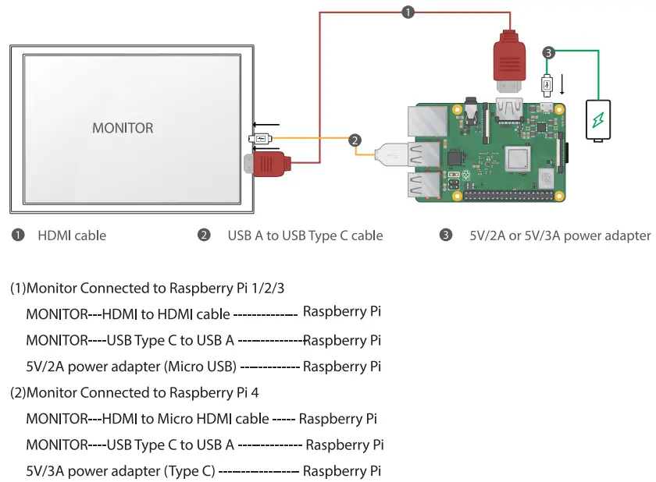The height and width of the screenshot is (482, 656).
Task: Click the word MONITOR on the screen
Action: coord(123,128)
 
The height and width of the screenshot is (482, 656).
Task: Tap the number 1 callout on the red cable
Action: coord(408,12)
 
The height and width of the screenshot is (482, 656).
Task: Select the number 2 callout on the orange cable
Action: coord(355,140)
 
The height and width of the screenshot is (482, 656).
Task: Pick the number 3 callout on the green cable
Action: coord(549,53)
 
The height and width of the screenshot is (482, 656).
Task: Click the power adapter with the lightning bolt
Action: coord(599,120)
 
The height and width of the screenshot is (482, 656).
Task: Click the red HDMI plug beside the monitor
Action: coord(270,164)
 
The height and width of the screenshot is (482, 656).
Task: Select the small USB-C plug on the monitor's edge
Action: coord(259,140)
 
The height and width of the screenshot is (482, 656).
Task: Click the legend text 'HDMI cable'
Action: coord(72,235)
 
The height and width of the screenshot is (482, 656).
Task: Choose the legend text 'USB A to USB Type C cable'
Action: coord(305,235)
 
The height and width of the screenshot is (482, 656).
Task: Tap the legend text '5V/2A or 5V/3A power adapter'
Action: coord(560,235)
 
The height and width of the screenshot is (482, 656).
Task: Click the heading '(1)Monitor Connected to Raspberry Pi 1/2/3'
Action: coord(147,289)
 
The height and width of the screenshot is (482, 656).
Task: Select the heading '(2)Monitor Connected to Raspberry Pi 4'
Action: coord(134,392)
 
